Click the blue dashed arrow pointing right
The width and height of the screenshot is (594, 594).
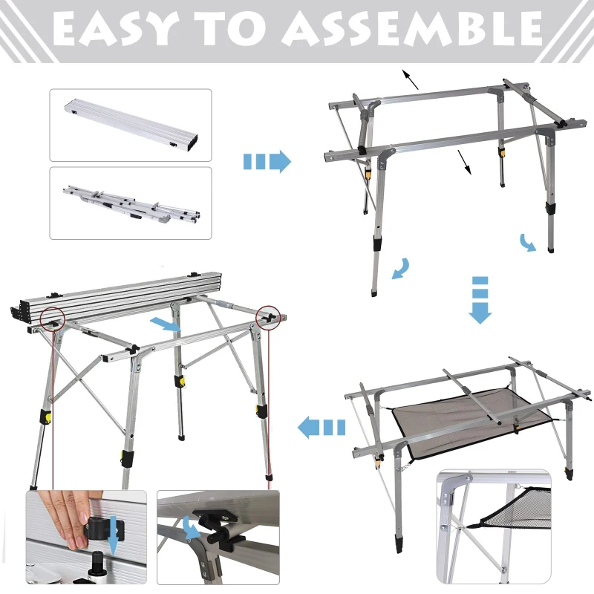tap(267, 161)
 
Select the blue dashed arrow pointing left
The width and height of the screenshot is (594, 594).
tap(322, 427)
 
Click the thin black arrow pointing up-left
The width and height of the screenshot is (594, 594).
tap(411, 78)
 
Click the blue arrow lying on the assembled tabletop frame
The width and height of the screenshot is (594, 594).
tap(165, 323)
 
